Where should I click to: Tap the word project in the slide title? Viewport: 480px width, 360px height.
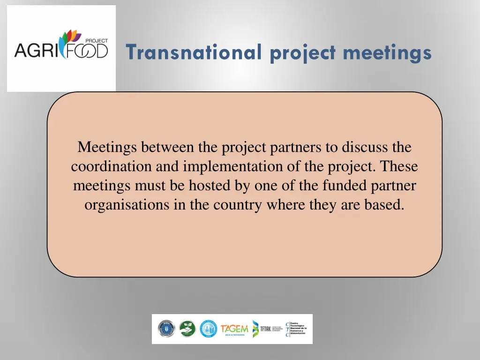[x=302, y=52]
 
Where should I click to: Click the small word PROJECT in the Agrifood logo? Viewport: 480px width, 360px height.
[x=97, y=41]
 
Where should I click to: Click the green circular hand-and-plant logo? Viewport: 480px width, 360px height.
[x=187, y=329]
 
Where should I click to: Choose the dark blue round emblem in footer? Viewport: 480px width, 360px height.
[x=166, y=329]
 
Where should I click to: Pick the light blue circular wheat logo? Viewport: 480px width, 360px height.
[x=208, y=329]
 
